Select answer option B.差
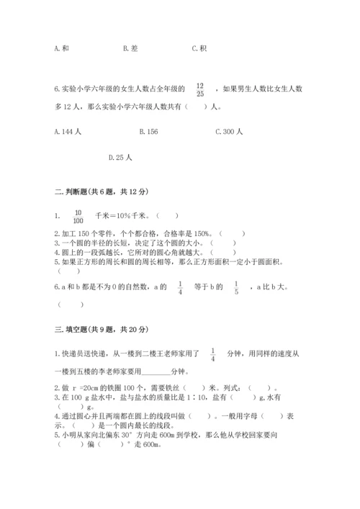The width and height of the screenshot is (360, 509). (130, 48)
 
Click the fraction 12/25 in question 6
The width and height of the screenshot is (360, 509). (200, 89)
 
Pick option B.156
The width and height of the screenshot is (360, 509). (148, 132)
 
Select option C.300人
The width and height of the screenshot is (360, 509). (230, 132)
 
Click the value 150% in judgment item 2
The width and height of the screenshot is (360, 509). (201, 233)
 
